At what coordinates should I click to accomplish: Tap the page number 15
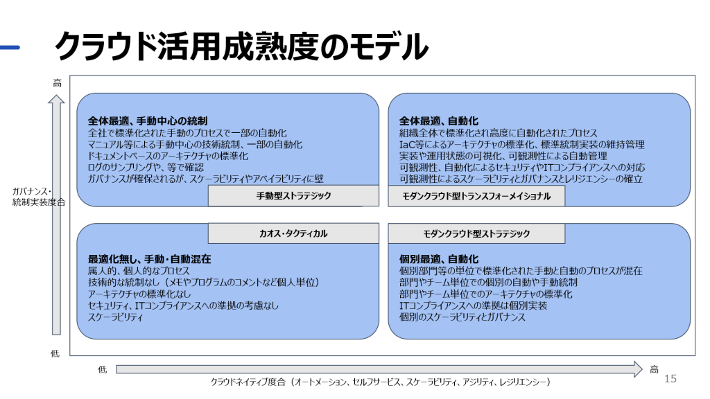click(670, 378)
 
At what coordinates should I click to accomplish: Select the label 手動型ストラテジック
click(293, 196)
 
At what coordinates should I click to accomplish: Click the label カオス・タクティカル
click(293, 234)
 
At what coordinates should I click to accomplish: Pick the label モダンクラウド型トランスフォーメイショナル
click(476, 196)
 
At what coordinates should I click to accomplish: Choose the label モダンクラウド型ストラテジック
click(476, 234)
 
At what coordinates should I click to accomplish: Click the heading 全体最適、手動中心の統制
click(148, 121)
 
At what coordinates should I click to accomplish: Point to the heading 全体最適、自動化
click(439, 121)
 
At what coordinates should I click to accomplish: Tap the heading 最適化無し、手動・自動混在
click(149, 259)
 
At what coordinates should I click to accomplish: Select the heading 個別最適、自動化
click(439, 259)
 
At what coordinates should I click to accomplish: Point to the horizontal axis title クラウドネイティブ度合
click(380, 382)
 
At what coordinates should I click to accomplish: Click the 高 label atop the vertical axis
click(57, 83)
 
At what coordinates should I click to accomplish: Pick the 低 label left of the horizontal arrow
click(103, 369)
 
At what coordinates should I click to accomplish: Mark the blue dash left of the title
click(10, 48)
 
